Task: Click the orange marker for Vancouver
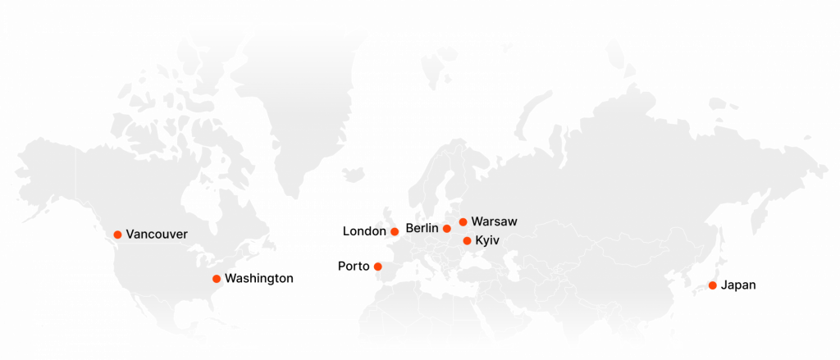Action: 117,235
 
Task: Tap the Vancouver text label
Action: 157,235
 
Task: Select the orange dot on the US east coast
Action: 217,280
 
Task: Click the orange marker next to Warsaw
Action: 463,221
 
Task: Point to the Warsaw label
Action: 495,221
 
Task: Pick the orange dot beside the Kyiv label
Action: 468,241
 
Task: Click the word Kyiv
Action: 487,241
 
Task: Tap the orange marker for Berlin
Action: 447,229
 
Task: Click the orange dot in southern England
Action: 395,231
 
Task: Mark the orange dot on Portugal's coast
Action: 377,267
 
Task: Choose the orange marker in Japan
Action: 713,285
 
